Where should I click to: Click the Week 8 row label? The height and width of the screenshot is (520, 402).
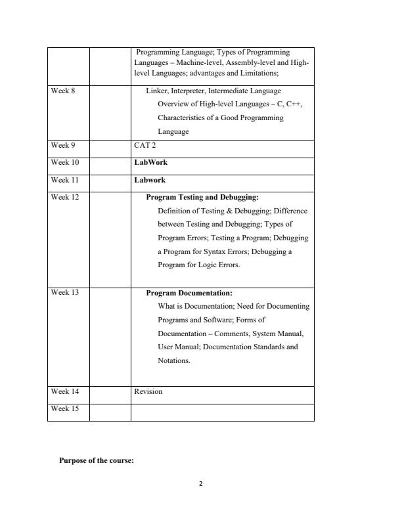[63, 91]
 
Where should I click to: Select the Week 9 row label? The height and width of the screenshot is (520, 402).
[63, 146]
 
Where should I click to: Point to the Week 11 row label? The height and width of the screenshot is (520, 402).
[64, 180]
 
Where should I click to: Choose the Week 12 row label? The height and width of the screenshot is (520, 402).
[64, 197]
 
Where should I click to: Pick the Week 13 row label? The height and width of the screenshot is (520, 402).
[64, 292]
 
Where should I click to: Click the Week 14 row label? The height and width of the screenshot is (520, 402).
[64, 391]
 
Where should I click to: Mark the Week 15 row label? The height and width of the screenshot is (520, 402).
[64, 408]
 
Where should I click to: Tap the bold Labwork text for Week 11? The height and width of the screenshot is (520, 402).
[150, 180]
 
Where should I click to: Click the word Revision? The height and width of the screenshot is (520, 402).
[148, 391]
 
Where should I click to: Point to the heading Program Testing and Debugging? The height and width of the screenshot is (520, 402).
[202, 197]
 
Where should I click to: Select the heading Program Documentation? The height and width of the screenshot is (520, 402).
[189, 293]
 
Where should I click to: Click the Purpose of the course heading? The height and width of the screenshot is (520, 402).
[97, 461]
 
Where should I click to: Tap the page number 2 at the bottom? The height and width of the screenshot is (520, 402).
[201, 484]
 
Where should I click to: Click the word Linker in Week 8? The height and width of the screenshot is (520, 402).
[156, 91]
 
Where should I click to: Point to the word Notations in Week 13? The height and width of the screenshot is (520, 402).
[173, 361]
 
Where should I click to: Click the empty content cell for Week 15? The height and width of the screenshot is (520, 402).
[222, 412]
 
